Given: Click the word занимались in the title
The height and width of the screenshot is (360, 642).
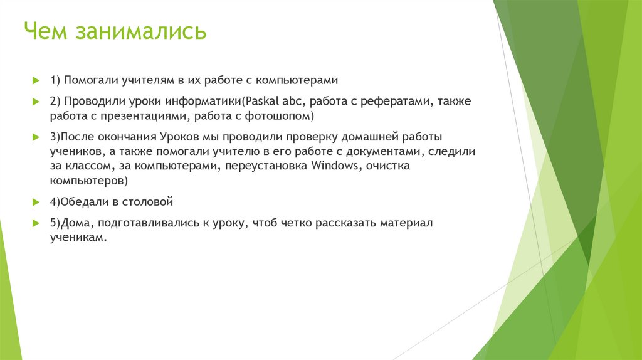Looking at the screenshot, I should click(141, 31).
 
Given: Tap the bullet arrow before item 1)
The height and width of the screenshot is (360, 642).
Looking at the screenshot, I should click(36, 80).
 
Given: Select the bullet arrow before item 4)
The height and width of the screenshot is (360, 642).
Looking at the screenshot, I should click(36, 202).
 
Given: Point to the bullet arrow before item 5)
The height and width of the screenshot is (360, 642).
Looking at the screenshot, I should click(36, 223).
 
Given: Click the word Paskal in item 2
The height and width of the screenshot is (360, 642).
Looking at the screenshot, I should click(265, 101).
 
